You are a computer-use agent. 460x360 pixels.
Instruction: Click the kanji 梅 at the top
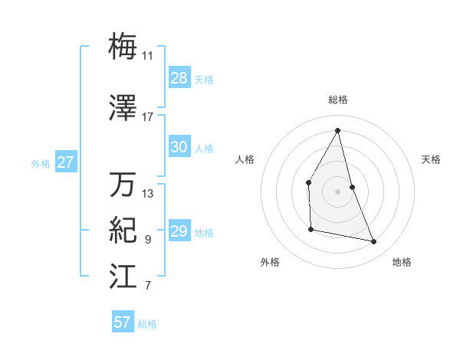[x=123, y=46]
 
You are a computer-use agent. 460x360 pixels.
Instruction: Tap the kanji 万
[x=123, y=185]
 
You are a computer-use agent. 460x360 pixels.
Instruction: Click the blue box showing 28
[x=179, y=78]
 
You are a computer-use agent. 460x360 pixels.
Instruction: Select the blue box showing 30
[x=179, y=148]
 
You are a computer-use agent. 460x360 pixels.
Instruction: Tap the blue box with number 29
[x=179, y=232]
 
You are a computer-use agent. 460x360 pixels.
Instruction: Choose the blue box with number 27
[x=66, y=162]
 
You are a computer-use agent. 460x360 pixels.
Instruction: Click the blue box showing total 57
[x=123, y=322]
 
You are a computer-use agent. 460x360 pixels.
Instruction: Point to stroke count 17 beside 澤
[x=147, y=117]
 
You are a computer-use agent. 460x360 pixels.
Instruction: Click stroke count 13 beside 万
[x=147, y=194]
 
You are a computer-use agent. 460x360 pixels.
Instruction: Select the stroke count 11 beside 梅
[x=147, y=56]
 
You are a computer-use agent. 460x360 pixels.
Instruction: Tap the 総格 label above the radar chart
[x=338, y=100]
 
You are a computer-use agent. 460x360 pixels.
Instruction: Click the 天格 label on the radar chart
[x=432, y=159]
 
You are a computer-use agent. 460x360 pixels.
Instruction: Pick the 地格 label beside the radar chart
[x=402, y=263]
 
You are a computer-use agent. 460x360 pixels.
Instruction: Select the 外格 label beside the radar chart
[x=270, y=263]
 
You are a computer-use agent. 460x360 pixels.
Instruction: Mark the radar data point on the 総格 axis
[x=337, y=130]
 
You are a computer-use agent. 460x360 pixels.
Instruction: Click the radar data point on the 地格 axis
[x=374, y=242]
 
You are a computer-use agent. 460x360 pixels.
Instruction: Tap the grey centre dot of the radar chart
[x=337, y=191]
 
